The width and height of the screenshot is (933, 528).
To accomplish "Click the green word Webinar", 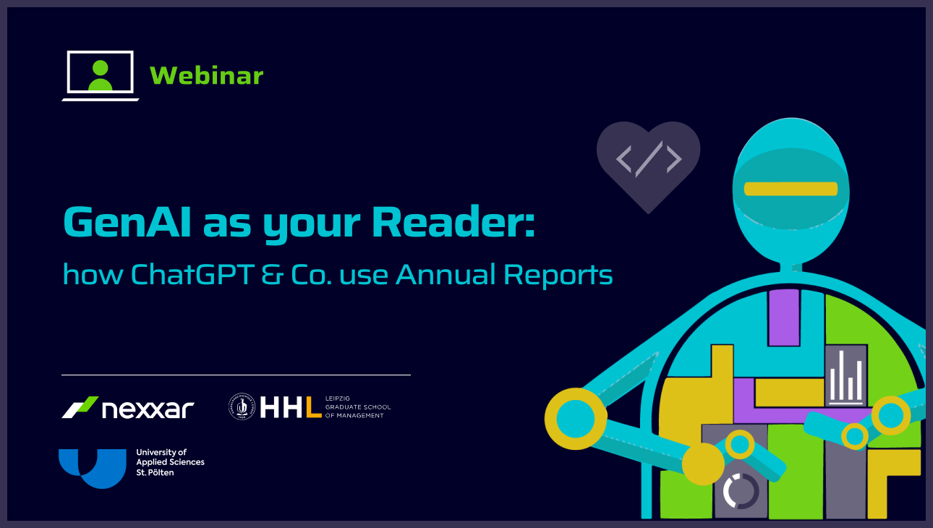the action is tap(207, 75).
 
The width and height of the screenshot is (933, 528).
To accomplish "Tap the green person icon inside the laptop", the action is tap(101, 76).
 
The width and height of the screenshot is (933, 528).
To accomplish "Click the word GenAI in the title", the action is tap(127, 222).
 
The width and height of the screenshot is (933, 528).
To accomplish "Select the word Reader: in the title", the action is tap(453, 222).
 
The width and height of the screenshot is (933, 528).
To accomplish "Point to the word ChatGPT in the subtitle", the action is tap(192, 274).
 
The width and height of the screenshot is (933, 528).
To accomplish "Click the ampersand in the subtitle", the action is tap(273, 275).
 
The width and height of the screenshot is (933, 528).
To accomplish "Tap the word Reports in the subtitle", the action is tap(558, 276).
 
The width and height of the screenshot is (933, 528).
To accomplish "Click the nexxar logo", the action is tap(128, 407).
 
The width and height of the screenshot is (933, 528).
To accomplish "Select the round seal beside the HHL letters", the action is tap(242, 406).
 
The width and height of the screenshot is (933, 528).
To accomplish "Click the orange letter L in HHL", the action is tap(314, 406).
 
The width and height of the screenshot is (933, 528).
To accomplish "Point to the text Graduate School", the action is tap(358, 406).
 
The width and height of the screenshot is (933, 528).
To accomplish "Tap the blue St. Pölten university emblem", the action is tap(93, 468).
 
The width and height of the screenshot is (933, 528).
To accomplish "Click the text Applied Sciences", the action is tap(171, 462).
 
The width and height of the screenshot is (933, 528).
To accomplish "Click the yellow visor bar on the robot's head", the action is tap(791, 189).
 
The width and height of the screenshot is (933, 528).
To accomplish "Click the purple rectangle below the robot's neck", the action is tap(784, 318).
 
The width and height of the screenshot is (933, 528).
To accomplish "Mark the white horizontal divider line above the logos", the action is tap(237, 375).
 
